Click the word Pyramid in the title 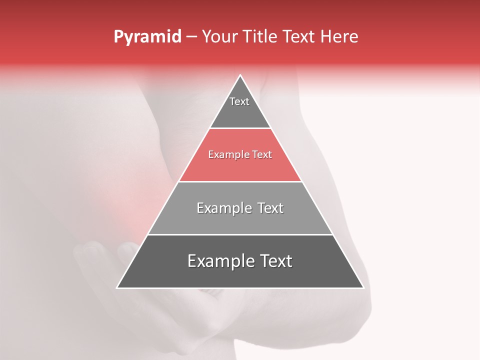[x=147, y=37]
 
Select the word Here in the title [x=339, y=37]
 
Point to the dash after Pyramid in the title [x=191, y=37]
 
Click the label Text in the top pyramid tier [x=239, y=101]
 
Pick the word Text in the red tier [x=261, y=155]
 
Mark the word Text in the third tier [x=270, y=208]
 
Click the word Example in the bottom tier [x=219, y=261]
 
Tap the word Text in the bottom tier [x=276, y=261]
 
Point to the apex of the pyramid [x=240, y=76]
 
